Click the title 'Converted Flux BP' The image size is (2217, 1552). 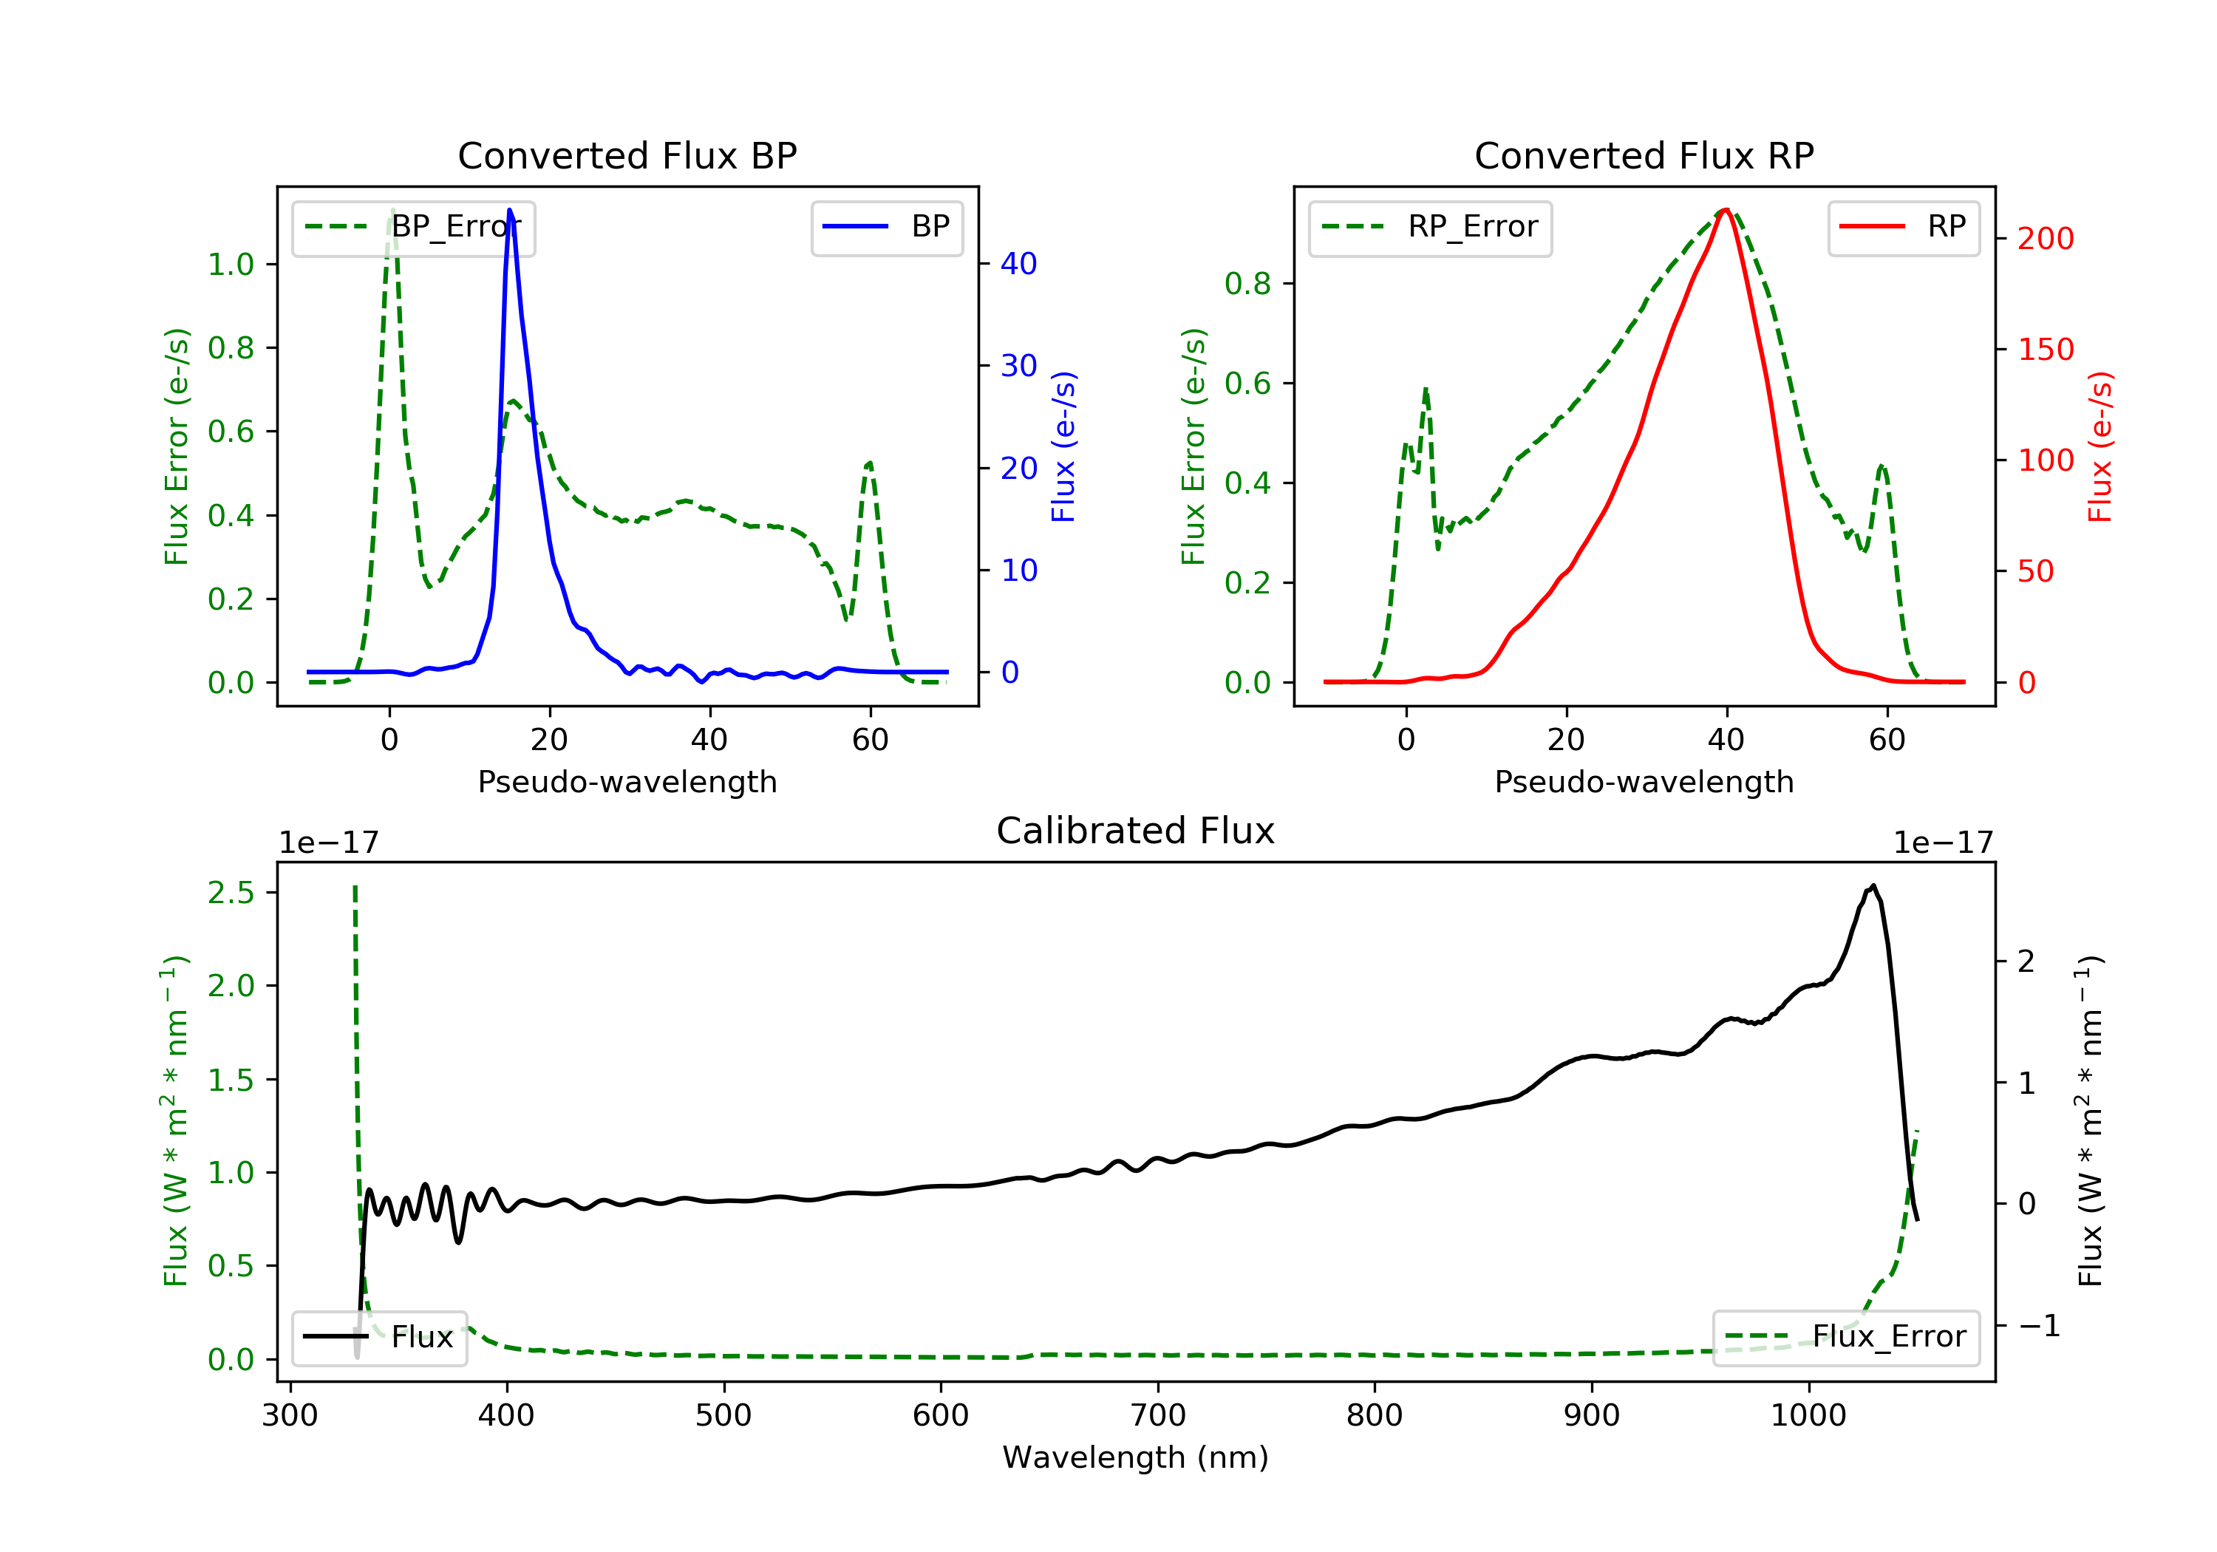627,155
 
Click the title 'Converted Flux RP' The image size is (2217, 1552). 1644,155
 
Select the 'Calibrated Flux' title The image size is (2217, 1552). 1136,831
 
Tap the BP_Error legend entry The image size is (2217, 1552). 413,227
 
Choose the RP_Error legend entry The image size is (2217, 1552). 1430,227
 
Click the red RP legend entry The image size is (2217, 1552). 1903,227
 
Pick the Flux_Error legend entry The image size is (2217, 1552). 1845,1337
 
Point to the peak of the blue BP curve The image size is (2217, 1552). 510,210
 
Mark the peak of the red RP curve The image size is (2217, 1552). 1726,210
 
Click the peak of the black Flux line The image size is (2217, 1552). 1873,885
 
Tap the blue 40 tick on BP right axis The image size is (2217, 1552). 1018,264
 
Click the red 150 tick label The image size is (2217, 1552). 2045,350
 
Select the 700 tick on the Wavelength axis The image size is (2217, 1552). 1158,1416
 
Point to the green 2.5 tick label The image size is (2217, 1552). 231,892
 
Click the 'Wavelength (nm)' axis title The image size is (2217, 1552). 1136,1457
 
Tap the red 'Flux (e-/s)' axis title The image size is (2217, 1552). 2100,447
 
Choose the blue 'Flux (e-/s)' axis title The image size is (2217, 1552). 1063,447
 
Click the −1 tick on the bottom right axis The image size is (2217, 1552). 2040,1326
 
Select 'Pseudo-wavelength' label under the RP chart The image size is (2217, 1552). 1644,782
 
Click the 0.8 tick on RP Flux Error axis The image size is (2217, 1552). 1247,284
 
